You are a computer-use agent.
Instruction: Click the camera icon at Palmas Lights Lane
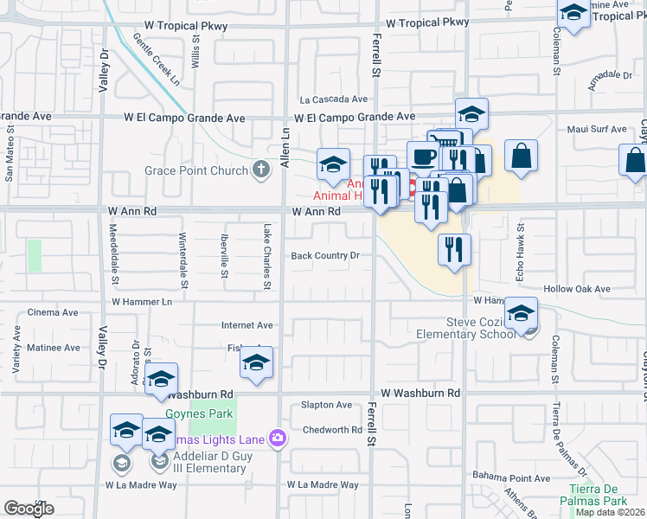click(277, 439)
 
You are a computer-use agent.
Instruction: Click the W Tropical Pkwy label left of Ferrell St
click(176, 26)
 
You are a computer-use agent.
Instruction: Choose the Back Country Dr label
click(324, 256)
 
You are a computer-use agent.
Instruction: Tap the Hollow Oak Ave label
click(577, 289)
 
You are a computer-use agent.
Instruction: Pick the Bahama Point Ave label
click(511, 477)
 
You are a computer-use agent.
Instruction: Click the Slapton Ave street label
click(325, 405)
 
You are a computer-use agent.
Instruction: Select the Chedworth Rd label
click(331, 430)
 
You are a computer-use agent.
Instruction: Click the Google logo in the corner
click(29, 508)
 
